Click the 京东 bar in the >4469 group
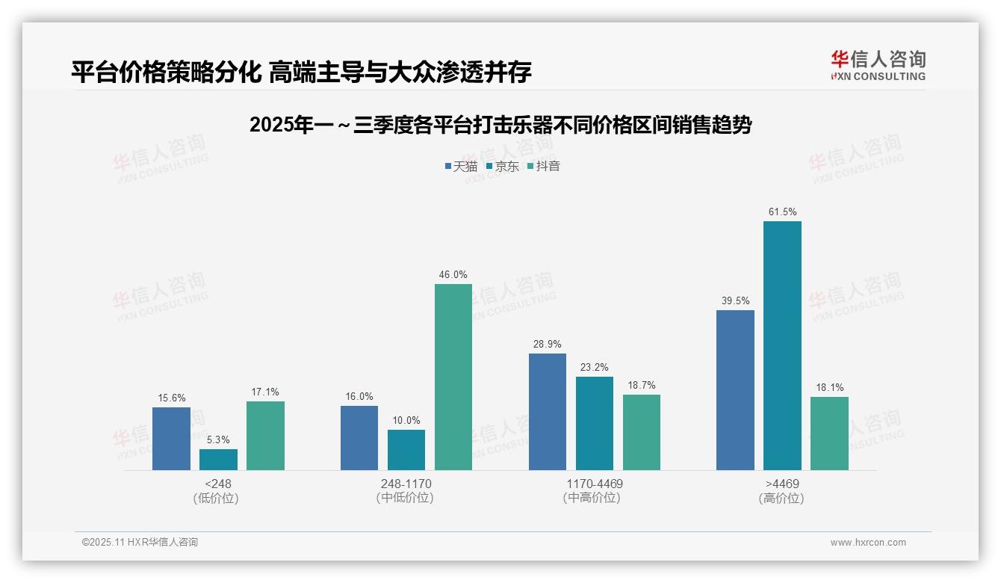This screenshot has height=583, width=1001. pos(782,345)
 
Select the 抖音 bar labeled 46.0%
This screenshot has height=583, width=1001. pos(453,377)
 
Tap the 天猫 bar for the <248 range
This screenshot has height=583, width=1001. pos(171,439)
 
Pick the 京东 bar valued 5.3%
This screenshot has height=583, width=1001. pos(218,460)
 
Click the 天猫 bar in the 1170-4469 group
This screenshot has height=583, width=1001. pos(548,412)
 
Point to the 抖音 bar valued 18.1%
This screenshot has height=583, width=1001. pos(829,434)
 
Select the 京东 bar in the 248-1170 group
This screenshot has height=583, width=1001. pos(406,450)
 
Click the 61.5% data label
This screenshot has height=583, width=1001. pos(782,212)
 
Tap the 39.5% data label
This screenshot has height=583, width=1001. pos(735,301)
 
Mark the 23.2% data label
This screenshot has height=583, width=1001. pos(594,368)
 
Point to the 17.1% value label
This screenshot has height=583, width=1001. pos(265,392)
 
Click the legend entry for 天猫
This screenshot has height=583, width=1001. pos(461,167)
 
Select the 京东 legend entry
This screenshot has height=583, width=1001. pos(502,167)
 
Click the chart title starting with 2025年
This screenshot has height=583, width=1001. pos(500,125)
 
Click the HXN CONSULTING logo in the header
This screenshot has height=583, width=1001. pos(878,65)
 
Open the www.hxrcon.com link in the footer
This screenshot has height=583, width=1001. pos(868,543)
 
